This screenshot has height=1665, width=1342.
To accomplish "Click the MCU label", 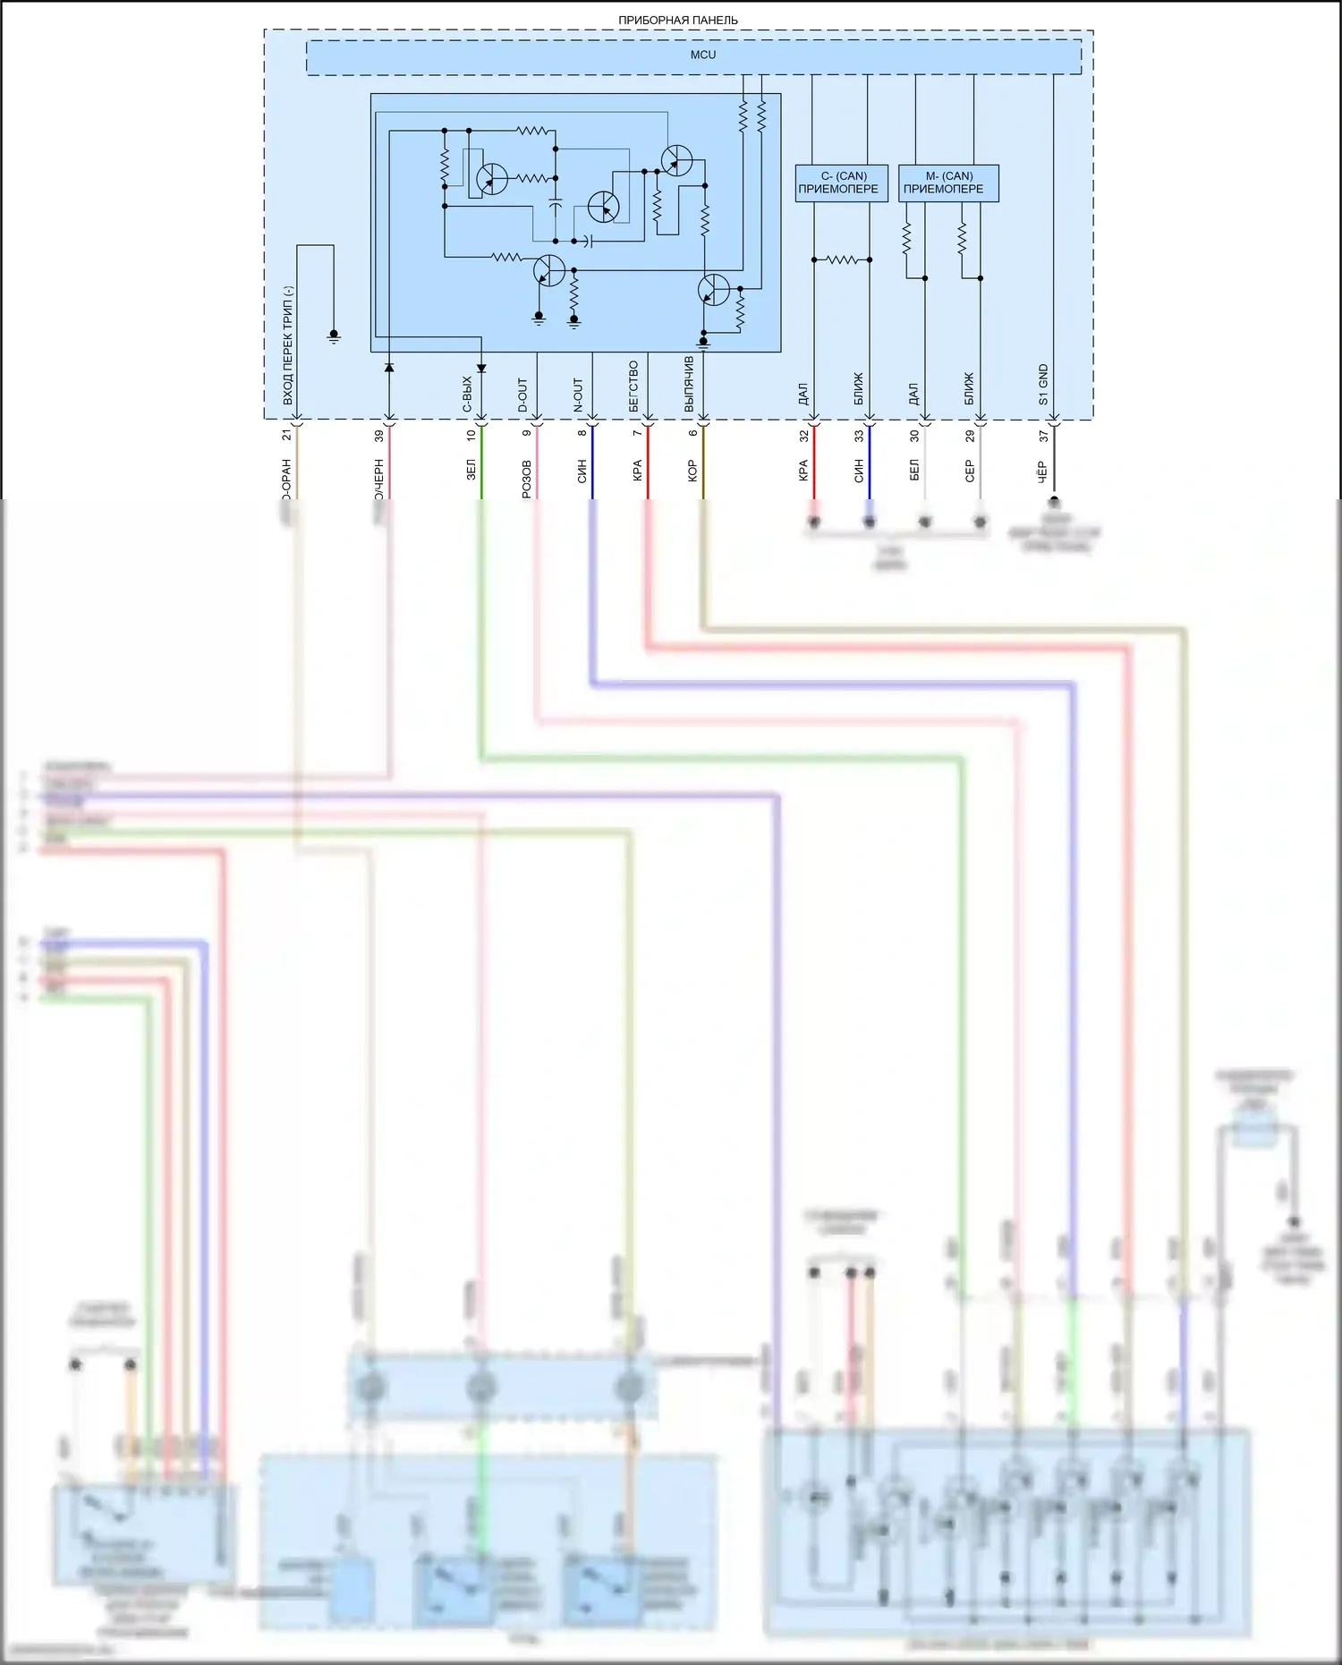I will pyautogui.click(x=702, y=55).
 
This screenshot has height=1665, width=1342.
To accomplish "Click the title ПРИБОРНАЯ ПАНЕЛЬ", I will pyautogui.click(x=677, y=20).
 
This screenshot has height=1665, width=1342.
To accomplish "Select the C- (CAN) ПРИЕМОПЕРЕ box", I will pyautogui.click(x=841, y=183).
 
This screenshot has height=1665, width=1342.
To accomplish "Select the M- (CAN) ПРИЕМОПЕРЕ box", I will pyautogui.click(x=947, y=183).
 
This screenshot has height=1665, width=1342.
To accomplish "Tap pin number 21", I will pyautogui.click(x=286, y=436).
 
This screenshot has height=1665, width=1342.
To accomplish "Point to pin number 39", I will pyautogui.click(x=378, y=436).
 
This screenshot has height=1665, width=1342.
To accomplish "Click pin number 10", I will pyautogui.click(x=471, y=436).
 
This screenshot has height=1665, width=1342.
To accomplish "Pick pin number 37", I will pyautogui.click(x=1043, y=436).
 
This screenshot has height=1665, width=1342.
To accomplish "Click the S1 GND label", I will pyautogui.click(x=1043, y=385).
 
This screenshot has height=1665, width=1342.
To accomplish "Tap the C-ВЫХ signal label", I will pyautogui.click(x=467, y=395).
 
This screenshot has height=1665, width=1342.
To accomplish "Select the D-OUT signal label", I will pyautogui.click(x=523, y=395).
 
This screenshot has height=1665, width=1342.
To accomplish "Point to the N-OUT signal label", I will pyautogui.click(x=579, y=395).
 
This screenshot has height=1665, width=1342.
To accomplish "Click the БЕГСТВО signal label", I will pyautogui.click(x=634, y=387).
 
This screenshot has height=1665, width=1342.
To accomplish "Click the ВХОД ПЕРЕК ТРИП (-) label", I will pyautogui.click(x=288, y=345).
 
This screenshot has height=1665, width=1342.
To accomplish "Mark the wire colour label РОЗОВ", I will pyautogui.click(x=527, y=479).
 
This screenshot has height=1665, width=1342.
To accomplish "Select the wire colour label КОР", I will pyautogui.click(x=692, y=471).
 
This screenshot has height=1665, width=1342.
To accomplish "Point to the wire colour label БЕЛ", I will pyautogui.click(x=914, y=471).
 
